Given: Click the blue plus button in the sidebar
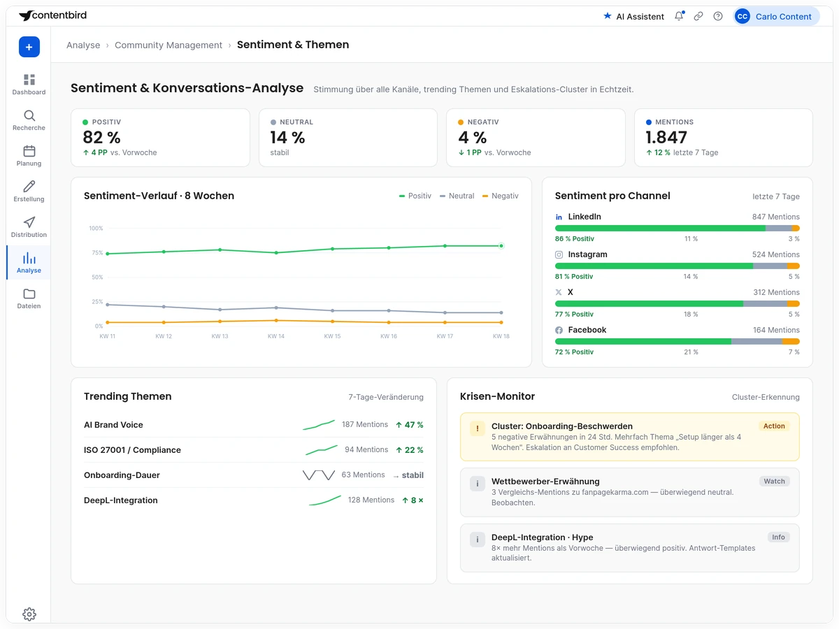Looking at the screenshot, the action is (x=29, y=47).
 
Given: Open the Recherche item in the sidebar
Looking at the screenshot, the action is (x=29, y=120).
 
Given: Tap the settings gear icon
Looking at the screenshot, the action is (x=29, y=614).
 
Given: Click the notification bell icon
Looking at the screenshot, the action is (x=679, y=16).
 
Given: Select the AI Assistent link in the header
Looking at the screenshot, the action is (x=633, y=16).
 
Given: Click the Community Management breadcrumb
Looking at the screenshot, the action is (x=168, y=45).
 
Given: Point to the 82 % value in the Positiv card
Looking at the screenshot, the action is (x=101, y=137).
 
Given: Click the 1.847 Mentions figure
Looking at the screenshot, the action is (x=666, y=137).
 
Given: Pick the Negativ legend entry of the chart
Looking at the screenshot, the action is (x=501, y=196).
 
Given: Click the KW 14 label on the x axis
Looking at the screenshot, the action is (x=276, y=336).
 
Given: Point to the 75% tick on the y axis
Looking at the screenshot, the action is (x=97, y=252).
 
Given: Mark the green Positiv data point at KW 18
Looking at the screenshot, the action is (x=501, y=245).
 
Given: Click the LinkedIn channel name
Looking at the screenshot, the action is (x=585, y=217).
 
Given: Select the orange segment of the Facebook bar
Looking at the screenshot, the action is (x=791, y=342).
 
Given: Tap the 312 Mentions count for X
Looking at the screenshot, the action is (x=776, y=292).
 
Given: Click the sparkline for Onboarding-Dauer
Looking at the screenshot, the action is (x=319, y=475).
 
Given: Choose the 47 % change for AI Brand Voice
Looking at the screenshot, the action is (x=410, y=425).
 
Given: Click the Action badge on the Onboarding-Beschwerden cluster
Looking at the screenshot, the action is (x=774, y=426).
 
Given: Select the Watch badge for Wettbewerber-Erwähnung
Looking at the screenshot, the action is (x=775, y=482).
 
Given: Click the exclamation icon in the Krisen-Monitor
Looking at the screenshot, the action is (x=478, y=428).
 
